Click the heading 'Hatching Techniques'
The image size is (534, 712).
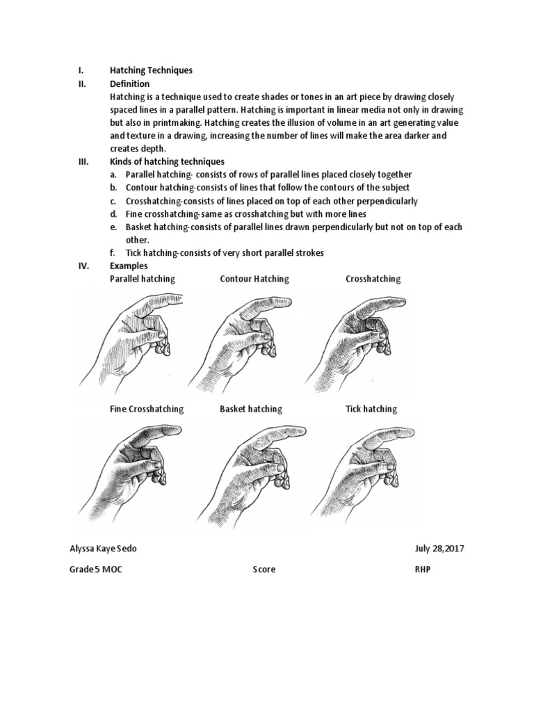click(x=151, y=70)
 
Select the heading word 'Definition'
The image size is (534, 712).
click(x=129, y=83)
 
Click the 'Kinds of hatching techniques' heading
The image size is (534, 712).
click(x=167, y=161)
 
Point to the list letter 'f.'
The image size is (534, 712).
click(x=113, y=253)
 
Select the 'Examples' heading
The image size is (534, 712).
click(x=129, y=266)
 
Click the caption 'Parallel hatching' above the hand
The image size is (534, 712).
click(x=143, y=279)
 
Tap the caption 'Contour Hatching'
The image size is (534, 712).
click(x=254, y=279)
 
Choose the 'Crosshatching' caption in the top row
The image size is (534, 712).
click(x=373, y=279)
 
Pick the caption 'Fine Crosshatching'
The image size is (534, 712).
click(x=147, y=409)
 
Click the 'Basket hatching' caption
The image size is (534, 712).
click(x=251, y=409)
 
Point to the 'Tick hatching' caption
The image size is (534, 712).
click(x=371, y=409)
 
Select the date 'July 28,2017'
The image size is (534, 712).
click(x=439, y=549)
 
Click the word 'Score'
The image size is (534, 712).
click(x=264, y=569)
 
